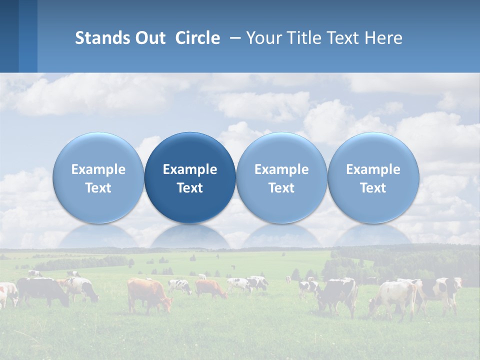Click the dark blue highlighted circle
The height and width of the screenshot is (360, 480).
coord(190,177)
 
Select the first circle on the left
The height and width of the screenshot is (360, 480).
coord(98,177)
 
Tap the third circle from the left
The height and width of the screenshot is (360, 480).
coord(281,177)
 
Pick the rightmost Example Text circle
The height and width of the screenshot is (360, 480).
coord(373,177)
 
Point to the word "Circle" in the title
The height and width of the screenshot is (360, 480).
coord(197,38)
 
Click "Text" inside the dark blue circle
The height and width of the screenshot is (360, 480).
coord(190,188)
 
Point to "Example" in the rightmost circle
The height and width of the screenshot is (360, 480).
coord(373,169)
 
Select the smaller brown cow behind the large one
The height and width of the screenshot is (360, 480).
coord(210,288)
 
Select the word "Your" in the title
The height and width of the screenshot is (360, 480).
coord(262,38)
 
